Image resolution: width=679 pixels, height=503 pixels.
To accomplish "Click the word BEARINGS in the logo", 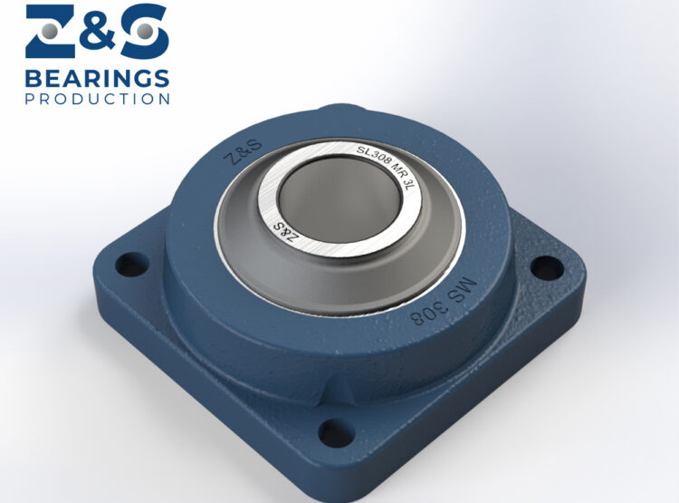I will tap(97, 77).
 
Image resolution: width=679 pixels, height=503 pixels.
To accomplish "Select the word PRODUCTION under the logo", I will tap(97, 98).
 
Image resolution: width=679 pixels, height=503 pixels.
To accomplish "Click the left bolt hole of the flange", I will tap(132, 265).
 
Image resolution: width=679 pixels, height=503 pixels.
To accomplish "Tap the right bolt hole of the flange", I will tap(545, 267).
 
